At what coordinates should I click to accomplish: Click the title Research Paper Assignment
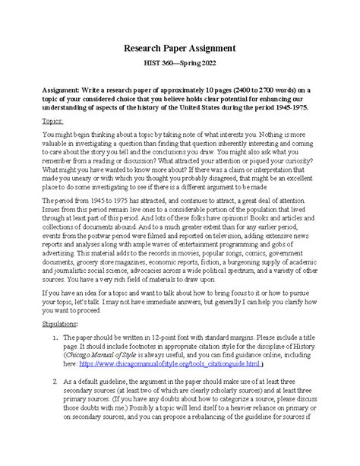click(x=180, y=48)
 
